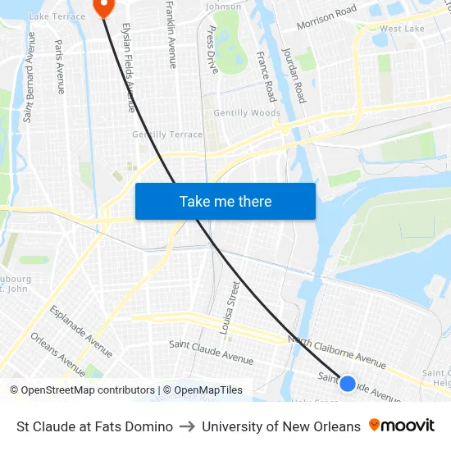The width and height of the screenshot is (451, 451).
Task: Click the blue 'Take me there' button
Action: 225,201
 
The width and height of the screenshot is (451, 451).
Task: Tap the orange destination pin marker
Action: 104,7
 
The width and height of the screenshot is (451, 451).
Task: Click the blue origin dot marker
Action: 348,383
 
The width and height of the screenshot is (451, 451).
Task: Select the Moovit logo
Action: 402,426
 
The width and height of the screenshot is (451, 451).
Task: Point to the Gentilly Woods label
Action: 247,113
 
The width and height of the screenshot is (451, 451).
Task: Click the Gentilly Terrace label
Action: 167,134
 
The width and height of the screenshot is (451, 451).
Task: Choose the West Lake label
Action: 402,29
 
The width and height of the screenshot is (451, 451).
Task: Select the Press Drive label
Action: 212,50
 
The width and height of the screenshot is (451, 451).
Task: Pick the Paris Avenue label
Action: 59,66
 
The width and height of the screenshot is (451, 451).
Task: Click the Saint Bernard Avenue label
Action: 30,78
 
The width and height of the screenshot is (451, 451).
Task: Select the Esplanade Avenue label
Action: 81,331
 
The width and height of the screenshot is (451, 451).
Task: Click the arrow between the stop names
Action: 187,426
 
